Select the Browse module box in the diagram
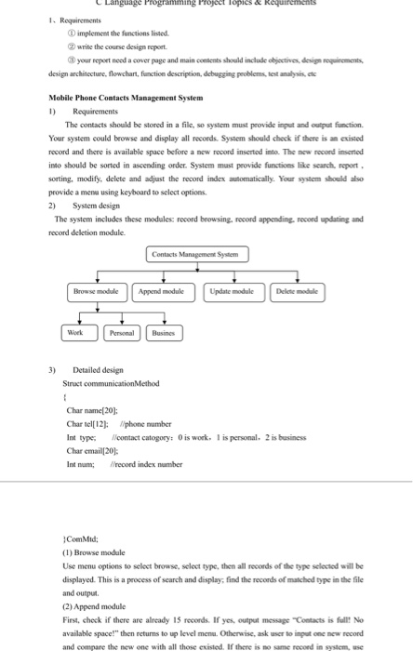98,291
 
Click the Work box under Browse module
75,332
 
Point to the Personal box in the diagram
121,332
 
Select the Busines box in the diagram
164,332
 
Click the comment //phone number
136,422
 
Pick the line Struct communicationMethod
110,382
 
